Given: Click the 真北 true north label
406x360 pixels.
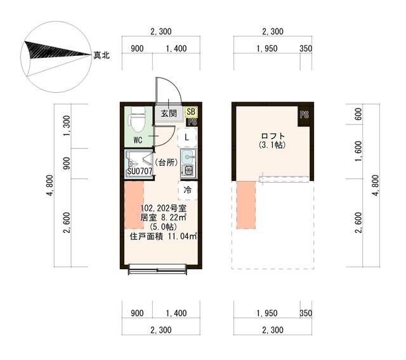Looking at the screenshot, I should pyautogui.click(x=101, y=56).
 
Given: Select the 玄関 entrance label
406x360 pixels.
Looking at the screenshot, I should pyautogui.click(x=168, y=114).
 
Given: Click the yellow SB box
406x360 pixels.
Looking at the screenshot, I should pyautogui.click(x=190, y=111).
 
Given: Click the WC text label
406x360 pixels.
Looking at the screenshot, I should pyautogui.click(x=138, y=140).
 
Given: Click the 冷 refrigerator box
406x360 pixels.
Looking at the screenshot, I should pyautogui.click(x=188, y=189).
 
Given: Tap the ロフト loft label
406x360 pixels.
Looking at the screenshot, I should pyautogui.click(x=272, y=136).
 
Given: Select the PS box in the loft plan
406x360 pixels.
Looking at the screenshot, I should pyautogui.click(x=304, y=115).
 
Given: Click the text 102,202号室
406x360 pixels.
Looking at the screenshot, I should pyautogui.click(x=163, y=208).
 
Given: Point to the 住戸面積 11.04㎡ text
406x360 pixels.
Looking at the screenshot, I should pyautogui.click(x=163, y=236).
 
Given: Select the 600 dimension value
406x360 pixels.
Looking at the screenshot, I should pyautogui.click(x=359, y=114).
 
